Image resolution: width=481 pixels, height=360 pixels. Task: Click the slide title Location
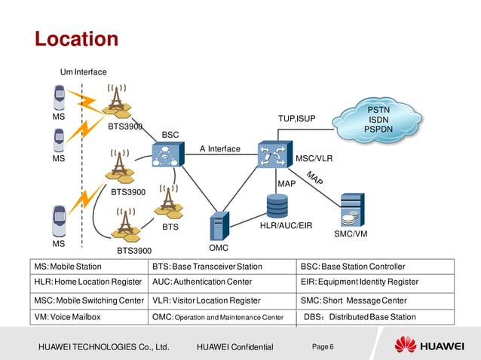click(x=77, y=38)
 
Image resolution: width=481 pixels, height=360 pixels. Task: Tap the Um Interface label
click(x=83, y=72)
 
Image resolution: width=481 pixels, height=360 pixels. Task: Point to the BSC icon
click(x=164, y=156)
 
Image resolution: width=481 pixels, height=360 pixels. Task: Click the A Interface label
click(x=219, y=148)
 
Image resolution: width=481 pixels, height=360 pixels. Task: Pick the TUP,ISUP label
click(x=297, y=119)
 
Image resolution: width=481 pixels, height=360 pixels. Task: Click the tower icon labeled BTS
click(x=168, y=200)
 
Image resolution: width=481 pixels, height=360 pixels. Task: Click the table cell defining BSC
click(x=375, y=267)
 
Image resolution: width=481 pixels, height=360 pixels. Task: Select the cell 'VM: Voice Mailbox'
click(x=90, y=317)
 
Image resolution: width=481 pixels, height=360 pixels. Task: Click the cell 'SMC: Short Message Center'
click(x=375, y=301)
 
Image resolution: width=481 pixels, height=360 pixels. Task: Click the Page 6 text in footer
click(x=322, y=346)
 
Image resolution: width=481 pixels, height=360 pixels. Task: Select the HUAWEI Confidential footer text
click(x=234, y=346)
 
